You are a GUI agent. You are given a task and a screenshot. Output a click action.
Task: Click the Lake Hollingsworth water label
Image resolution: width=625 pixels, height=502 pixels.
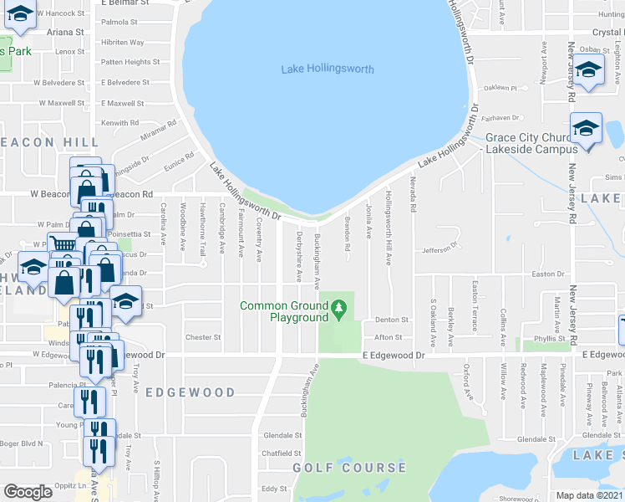[x=328, y=69]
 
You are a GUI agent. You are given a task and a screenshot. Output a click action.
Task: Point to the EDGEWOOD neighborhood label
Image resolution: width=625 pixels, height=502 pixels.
[x=190, y=392]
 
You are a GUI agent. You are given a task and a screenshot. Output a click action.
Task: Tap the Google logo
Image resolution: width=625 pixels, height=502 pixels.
[x=28, y=492]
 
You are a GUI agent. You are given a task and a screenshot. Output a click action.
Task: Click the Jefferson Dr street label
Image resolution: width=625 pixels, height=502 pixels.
[x=441, y=248]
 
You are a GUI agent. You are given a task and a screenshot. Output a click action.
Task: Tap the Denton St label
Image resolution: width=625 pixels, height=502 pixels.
[x=391, y=320]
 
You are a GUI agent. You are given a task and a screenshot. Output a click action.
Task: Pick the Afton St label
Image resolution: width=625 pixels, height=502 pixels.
[x=389, y=337]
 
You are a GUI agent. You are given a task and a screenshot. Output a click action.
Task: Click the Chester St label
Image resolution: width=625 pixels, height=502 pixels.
[x=204, y=337]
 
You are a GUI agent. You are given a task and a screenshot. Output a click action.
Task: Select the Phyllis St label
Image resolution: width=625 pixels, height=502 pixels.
[x=550, y=338]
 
